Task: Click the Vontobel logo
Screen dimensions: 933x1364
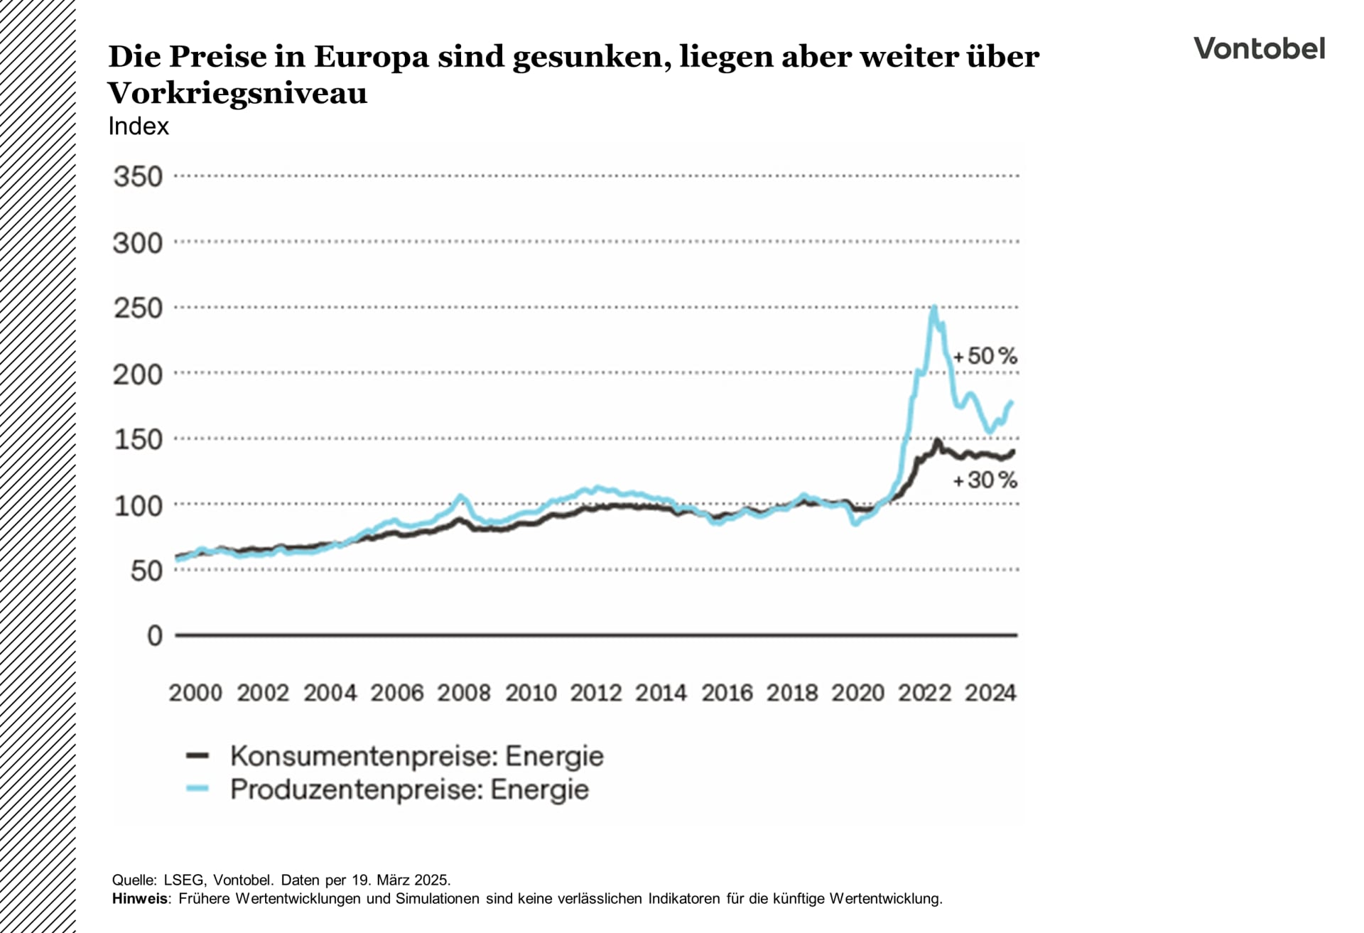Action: [x=1259, y=49]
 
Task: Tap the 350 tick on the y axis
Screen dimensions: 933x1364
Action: [x=138, y=177]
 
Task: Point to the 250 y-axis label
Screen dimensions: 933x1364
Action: [x=138, y=308]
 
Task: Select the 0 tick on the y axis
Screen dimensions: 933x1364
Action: [x=154, y=635]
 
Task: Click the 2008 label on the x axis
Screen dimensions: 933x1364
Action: [x=463, y=693]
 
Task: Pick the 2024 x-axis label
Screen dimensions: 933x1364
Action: [x=990, y=693]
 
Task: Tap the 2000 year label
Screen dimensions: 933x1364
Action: [x=195, y=693]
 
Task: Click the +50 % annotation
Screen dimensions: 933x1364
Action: [x=985, y=356]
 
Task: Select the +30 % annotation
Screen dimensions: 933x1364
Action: [x=985, y=480]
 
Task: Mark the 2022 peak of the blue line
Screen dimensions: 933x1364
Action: [x=934, y=308]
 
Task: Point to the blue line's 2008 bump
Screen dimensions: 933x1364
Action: [x=460, y=496]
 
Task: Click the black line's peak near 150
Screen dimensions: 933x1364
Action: [x=937, y=441]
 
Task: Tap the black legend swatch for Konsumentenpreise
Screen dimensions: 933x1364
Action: [x=197, y=756]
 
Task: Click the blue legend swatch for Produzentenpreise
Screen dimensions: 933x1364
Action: [x=197, y=789]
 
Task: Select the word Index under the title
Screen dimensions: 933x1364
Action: [x=139, y=126]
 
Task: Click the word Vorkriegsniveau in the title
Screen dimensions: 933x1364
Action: [x=237, y=93]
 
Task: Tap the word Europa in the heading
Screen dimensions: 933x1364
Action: [x=371, y=57]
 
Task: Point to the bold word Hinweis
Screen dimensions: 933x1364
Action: [x=140, y=899]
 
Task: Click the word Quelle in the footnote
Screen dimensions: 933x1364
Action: [x=134, y=880]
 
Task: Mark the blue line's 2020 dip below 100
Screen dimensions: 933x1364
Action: [x=855, y=524]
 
